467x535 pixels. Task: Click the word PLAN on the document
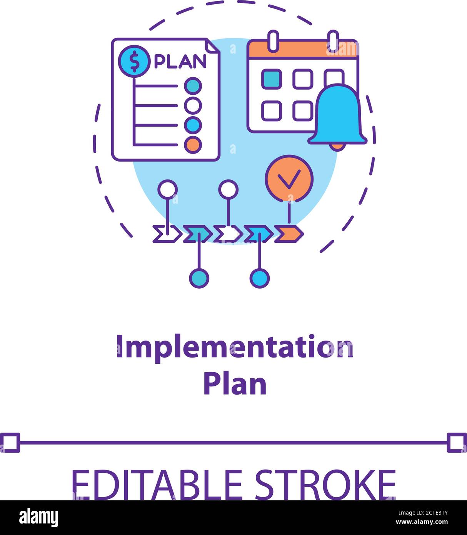click(180, 61)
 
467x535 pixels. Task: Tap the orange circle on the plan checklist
click(193, 145)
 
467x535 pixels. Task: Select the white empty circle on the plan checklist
click(193, 105)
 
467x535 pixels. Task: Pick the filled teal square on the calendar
click(272, 79)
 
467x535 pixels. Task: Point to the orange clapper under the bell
click(337, 147)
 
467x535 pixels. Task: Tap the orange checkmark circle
click(289, 179)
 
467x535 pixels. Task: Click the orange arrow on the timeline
click(289, 234)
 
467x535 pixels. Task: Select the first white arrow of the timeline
click(167, 234)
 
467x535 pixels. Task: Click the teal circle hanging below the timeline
click(199, 278)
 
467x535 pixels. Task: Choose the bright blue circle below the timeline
click(260, 278)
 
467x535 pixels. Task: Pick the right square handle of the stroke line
click(457, 443)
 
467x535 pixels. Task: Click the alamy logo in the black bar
click(38, 518)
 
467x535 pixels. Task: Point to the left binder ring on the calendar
click(273, 41)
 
